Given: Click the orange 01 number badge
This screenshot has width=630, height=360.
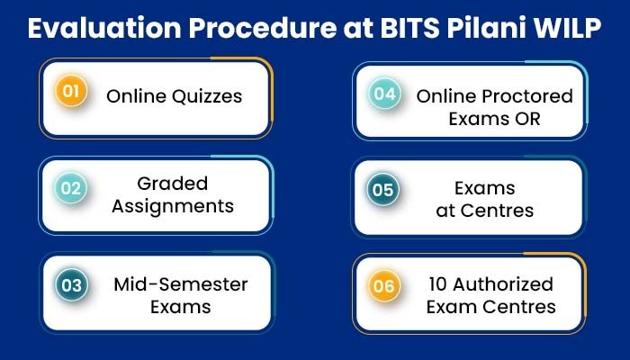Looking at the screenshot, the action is click(71, 91).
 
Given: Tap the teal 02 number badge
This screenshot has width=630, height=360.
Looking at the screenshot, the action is click(71, 188).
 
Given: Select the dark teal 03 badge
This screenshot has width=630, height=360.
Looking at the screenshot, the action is click(71, 285).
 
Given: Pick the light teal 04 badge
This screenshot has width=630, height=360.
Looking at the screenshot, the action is click(385, 94).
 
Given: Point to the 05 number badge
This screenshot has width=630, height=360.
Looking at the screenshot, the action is click(382, 190).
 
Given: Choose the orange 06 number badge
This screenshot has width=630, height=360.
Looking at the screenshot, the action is click(384, 286).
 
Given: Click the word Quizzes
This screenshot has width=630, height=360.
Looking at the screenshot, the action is click(207, 97).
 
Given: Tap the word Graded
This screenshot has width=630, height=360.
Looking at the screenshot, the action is click(173, 184).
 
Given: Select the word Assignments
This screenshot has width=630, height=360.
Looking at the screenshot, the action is click(173, 206).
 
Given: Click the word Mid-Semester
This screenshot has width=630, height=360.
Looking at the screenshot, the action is click(181, 284).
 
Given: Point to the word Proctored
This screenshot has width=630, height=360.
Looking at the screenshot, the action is click(527, 96).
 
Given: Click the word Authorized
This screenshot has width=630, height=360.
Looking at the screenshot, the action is click(503, 284).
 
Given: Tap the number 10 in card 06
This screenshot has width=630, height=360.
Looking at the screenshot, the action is click(438, 284).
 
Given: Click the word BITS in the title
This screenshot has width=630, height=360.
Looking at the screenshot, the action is click(409, 28).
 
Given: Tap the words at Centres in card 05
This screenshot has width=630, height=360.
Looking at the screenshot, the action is click(485, 211).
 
